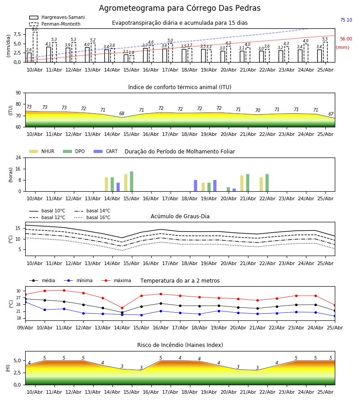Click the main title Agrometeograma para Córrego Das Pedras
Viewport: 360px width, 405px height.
(180, 8)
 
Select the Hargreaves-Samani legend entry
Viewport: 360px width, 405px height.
(57, 17)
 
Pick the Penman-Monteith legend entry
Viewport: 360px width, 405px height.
(55, 24)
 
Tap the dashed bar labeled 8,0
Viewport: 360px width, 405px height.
(35, 47)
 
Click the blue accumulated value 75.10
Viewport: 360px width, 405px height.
(346, 20)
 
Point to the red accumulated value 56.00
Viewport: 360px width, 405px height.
(346, 39)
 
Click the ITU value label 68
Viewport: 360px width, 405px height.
(121, 113)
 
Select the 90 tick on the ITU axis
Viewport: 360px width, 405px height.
(18, 93)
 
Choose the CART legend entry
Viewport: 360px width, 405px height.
(106, 151)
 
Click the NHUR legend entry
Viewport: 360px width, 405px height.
(42, 151)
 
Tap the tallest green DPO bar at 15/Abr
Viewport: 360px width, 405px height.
(132, 181)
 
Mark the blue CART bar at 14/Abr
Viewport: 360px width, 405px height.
(118, 187)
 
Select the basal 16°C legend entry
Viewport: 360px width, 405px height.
(92, 217)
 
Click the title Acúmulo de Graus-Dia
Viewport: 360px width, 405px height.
(180, 216)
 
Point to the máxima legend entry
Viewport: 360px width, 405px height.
(116, 280)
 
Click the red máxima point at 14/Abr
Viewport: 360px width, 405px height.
(122, 308)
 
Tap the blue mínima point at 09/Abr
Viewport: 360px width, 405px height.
(26, 302)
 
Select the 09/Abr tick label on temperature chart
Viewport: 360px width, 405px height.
(25, 328)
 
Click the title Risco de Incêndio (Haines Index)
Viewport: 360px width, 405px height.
(180, 345)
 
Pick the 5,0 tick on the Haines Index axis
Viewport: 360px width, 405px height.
(17, 360)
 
